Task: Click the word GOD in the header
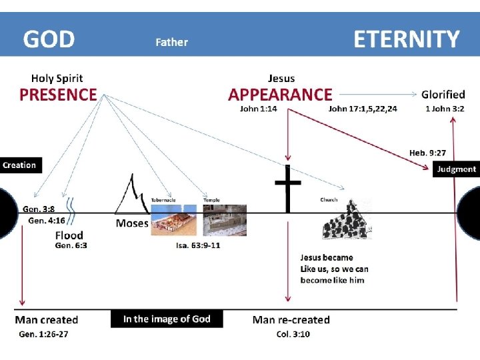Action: point(49,39)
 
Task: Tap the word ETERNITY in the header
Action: point(406,39)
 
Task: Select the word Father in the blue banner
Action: point(172,42)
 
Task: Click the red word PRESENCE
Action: point(58,95)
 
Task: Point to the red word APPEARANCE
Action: point(280,95)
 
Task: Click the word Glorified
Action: point(443,94)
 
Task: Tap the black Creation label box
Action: point(20,165)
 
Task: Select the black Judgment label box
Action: point(457,169)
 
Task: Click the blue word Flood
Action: point(69,235)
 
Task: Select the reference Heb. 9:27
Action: point(427,153)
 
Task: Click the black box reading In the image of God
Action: point(167,319)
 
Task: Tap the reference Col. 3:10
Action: point(293,333)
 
